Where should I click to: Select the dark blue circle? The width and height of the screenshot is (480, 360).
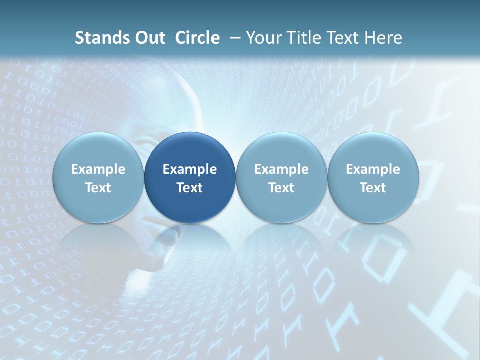[x=190, y=178]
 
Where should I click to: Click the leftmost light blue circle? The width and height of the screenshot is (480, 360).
[x=98, y=178]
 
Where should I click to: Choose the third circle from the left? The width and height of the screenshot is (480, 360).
[x=281, y=178]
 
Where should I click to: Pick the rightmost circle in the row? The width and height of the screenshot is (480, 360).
[x=373, y=178]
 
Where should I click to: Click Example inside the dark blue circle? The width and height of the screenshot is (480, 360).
[x=190, y=169]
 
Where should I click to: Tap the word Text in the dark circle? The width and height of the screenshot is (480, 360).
[x=190, y=188]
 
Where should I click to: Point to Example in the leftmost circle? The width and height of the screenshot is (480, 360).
[x=98, y=169]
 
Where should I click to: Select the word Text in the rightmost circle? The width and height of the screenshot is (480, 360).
[x=373, y=188]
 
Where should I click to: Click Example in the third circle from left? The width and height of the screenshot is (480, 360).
[x=281, y=169]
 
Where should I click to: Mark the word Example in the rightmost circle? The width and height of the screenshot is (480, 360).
[x=373, y=169]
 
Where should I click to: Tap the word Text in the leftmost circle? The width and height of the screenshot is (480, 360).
[x=98, y=188]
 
